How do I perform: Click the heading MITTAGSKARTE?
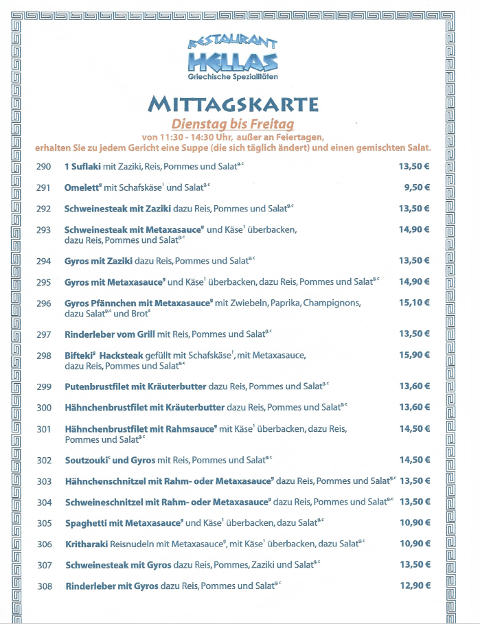[233, 104]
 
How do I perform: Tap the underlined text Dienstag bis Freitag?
[233, 124]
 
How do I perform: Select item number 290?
[44, 167]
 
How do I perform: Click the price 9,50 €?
[417, 187]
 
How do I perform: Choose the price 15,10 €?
[414, 303]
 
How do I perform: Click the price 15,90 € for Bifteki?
[414, 355]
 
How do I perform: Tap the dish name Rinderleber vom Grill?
[110, 334]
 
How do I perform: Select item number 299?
[44, 387]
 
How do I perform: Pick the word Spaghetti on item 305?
[86, 523]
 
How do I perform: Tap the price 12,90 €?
[414, 586]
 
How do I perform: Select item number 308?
[44, 586]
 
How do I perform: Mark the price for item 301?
[414, 428]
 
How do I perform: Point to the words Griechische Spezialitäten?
[233, 76]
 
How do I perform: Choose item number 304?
[44, 502]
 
